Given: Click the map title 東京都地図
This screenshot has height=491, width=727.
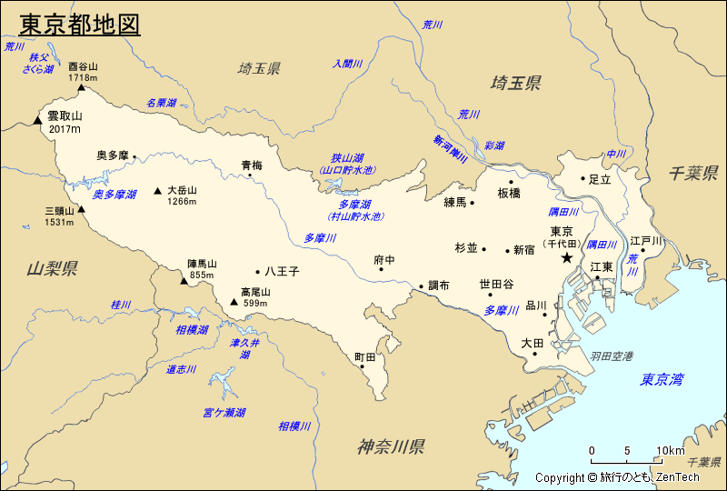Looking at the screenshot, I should pyautogui.click(x=80, y=25).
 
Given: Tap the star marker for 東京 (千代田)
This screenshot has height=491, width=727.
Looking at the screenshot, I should pyautogui.click(x=567, y=259).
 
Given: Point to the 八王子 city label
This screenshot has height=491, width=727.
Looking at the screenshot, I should pyautogui.click(x=282, y=271).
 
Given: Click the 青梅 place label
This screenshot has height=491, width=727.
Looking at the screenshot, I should pyautogui.click(x=252, y=165).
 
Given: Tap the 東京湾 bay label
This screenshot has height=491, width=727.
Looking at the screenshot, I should pyautogui.click(x=662, y=379).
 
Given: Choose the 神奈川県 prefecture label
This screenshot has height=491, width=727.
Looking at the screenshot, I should pyautogui.click(x=392, y=446).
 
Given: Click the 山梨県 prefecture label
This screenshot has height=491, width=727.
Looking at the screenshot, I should pyautogui.click(x=52, y=268).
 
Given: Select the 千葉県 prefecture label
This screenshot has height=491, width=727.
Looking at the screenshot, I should pyautogui.click(x=695, y=174).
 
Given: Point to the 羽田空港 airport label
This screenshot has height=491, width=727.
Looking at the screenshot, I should pyautogui.click(x=611, y=356).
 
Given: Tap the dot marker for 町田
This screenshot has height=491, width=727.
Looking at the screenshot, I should pyautogui.click(x=361, y=368).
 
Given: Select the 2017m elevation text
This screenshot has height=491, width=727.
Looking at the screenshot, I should pyautogui.click(x=65, y=129).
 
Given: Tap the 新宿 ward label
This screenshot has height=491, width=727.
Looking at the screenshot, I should pyautogui.click(x=523, y=249).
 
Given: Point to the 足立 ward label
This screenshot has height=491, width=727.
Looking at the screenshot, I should pyautogui.click(x=600, y=179).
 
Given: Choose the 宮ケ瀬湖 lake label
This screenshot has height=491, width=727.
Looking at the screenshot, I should pyautogui.click(x=224, y=413).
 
